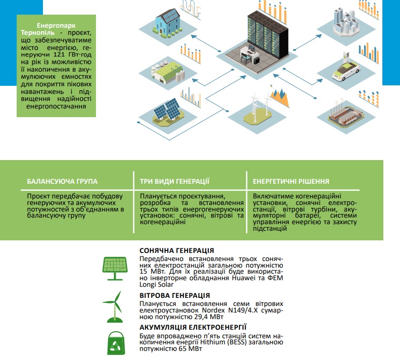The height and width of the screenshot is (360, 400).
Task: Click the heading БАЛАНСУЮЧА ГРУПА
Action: tap(62, 181)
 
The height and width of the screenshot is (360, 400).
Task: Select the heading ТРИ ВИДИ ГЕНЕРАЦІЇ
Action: tap(175, 181)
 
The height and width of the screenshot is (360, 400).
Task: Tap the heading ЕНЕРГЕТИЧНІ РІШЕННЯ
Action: tap(291, 181)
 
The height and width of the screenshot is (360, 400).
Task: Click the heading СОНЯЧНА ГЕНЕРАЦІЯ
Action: tap(176, 250)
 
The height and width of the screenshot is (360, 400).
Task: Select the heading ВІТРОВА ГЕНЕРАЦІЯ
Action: tap(175, 295)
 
